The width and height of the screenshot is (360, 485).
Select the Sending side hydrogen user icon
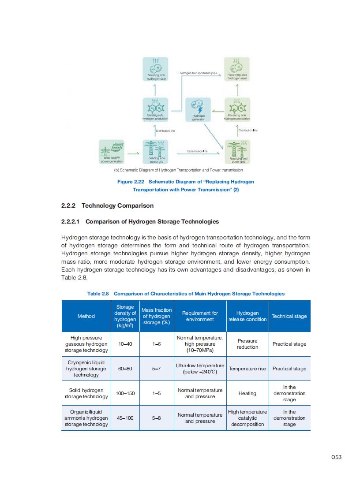pos(156,69)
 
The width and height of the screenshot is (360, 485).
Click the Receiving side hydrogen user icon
pos(237,69)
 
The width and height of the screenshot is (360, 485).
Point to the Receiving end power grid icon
pos(238,152)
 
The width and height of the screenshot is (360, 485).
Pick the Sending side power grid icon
pos(157,152)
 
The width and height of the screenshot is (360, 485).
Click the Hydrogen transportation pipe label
pos(198,73)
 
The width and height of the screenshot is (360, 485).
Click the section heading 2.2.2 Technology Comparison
pos(107,205)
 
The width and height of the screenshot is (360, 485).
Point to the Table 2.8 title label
pos(98,294)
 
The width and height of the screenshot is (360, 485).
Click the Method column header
pos(86,316)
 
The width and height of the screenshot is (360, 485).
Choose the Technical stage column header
pos(289,316)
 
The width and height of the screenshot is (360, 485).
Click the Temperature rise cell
pos(247,369)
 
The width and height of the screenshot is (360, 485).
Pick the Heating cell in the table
pos(247,393)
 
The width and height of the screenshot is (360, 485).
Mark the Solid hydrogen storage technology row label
pos(86,393)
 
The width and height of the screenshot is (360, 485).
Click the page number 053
pos(336,457)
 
